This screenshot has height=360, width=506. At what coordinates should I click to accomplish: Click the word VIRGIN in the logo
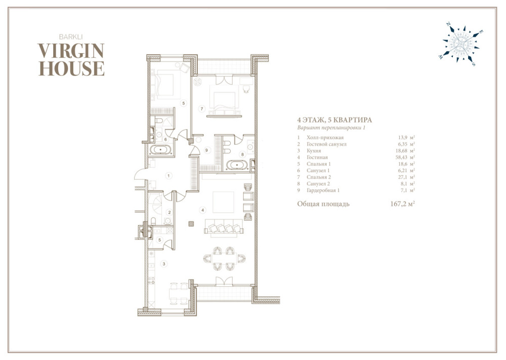tap(71, 51)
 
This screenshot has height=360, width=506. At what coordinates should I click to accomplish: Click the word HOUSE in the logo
tap(71, 68)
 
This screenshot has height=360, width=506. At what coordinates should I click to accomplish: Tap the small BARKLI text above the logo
tap(71, 37)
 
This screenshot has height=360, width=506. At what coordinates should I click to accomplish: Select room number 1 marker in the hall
tap(168, 176)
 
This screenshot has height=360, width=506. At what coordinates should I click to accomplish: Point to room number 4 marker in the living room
tap(203, 210)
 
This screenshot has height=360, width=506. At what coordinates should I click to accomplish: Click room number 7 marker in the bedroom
tap(202, 109)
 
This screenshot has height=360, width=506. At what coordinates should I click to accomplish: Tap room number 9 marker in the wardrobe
tap(206, 150)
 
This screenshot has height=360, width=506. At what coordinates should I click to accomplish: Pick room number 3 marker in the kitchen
tap(164, 264)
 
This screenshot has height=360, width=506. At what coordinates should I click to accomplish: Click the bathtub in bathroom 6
tap(161, 150)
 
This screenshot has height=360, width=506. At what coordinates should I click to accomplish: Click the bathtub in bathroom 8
tap(237, 165)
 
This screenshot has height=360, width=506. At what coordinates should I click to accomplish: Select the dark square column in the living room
tap(191, 223)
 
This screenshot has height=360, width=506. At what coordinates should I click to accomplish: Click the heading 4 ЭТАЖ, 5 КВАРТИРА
tap(334, 120)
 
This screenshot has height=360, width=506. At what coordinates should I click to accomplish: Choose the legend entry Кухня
tap(314, 151)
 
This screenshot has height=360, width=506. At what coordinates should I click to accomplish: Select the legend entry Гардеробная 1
tap(323, 190)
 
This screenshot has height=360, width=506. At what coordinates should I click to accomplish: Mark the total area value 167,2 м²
tap(402, 204)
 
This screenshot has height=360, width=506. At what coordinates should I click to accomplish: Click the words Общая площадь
tap(323, 205)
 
